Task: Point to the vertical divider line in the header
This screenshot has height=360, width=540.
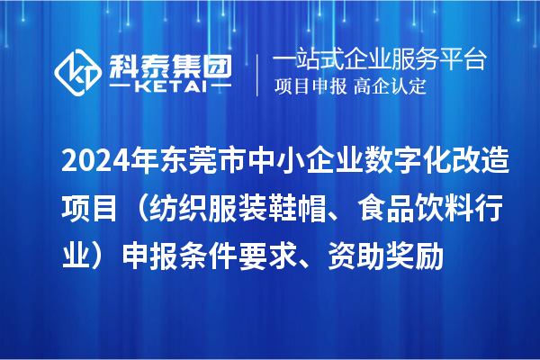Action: (x=258, y=74)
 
